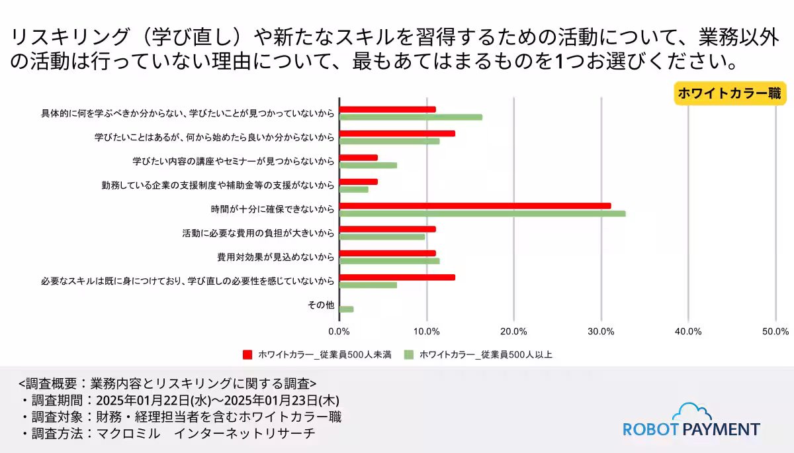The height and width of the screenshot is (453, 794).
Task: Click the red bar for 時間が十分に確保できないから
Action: click(474, 206)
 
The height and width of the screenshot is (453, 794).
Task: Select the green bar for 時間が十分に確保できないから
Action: click(482, 213)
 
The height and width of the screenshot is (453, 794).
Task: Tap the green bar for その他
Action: click(346, 309)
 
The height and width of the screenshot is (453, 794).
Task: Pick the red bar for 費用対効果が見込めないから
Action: click(387, 253)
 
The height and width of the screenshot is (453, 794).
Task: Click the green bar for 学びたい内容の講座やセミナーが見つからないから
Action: click(368, 165)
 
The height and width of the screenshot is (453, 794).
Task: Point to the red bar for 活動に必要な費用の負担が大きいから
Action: click(387, 229)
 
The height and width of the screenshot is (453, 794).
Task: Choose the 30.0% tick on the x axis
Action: click(601, 331)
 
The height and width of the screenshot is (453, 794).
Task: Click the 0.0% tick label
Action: click(339, 331)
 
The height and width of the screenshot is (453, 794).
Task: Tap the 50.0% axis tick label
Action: click(775, 331)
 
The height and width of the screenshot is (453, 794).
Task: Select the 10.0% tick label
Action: click(427, 331)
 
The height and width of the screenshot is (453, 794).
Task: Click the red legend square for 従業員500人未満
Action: click(247, 354)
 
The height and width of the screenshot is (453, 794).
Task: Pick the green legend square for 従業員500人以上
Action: click(408, 354)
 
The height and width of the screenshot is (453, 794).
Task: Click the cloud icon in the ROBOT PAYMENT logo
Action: click(691, 412)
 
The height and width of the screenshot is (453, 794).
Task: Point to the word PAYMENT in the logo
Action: click(721, 429)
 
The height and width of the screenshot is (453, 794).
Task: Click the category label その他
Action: click(321, 305)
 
